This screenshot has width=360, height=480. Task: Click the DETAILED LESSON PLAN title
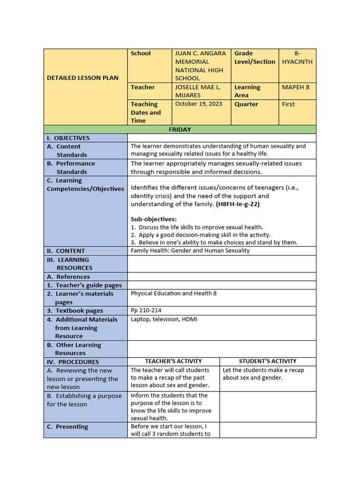[x=82, y=78]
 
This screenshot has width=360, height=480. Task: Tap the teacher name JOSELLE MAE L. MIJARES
[x=197, y=91]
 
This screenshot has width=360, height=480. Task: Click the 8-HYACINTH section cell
[x=297, y=58]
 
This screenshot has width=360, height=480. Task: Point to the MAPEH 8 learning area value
[x=296, y=87]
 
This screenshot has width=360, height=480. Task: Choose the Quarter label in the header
[x=246, y=104]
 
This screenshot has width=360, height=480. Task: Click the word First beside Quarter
[x=288, y=104]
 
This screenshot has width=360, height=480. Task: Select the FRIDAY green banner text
[x=180, y=129]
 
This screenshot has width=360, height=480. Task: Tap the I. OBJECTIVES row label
[x=68, y=138]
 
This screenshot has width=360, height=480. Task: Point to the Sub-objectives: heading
[x=153, y=219]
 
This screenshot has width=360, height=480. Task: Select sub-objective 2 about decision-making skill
[x=201, y=235]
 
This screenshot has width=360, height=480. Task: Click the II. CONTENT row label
[x=66, y=251]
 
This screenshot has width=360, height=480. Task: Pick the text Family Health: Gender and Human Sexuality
[x=190, y=250]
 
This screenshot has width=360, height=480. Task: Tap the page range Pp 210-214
[x=146, y=310]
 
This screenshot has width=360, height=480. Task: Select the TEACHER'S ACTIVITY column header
[x=173, y=361]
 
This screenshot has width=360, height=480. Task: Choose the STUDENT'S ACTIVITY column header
[x=267, y=361]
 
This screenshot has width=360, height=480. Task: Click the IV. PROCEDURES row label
[x=73, y=362]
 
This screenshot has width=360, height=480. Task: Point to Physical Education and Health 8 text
[x=173, y=293]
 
